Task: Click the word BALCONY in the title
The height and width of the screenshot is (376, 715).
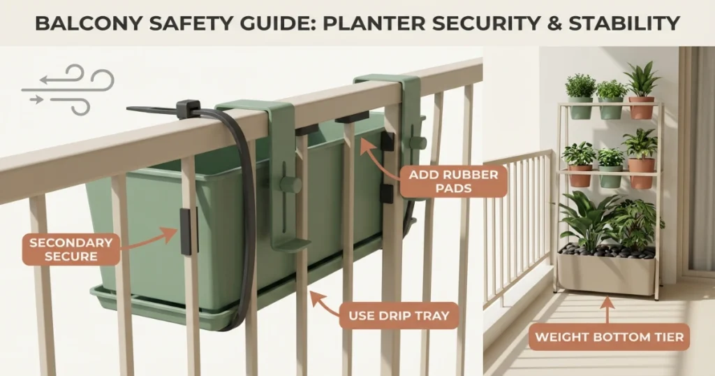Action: (83, 24)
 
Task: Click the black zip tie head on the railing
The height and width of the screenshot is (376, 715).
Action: (188, 109)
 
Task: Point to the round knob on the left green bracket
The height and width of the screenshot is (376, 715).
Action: (290, 185)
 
